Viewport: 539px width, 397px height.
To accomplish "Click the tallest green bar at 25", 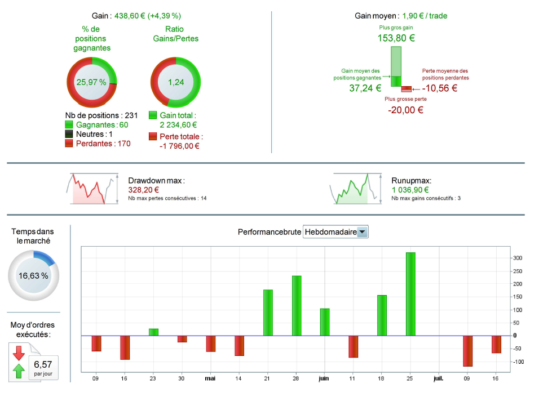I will coord(410,294).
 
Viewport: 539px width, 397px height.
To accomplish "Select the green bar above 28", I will coord(297,306).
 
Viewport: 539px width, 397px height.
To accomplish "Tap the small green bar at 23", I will coord(153,332).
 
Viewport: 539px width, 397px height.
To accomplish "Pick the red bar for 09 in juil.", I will coord(468,351).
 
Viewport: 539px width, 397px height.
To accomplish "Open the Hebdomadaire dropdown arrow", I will coord(363,232).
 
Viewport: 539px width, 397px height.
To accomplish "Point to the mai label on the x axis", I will coord(211,378).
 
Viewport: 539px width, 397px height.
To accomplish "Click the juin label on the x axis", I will coord(324,378).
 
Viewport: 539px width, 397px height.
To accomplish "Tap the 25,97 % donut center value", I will coord(91,82).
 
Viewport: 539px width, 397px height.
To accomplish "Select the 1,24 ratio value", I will coord(176,82).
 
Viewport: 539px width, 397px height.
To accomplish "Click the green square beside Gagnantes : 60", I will coord(69,124).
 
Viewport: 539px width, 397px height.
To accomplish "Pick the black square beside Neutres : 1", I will coord(69,134).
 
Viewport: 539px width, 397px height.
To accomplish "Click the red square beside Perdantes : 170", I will coord(69,144).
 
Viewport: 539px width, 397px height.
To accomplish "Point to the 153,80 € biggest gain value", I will coord(396,38).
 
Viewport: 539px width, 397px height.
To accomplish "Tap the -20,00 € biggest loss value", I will coord(405,110).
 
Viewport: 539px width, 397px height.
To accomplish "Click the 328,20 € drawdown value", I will coord(143,190).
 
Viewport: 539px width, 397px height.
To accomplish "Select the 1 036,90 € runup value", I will coord(413,190).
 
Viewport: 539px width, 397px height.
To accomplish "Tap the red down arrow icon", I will coord(19,353).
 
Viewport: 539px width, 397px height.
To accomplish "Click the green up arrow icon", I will coord(19,371).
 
